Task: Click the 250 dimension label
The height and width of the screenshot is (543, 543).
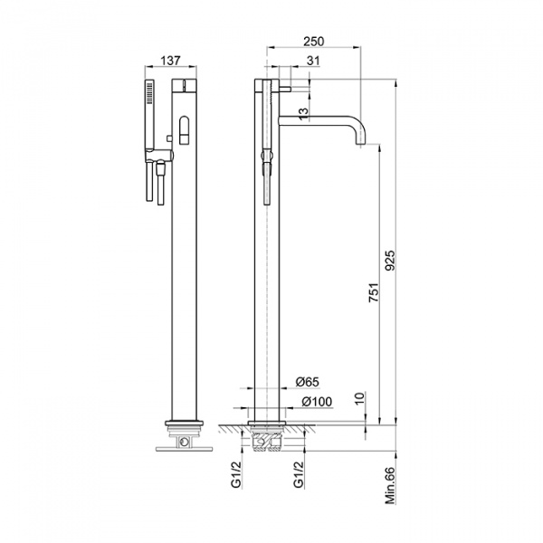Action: coord(314,42)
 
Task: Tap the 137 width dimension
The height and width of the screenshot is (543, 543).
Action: coord(170,61)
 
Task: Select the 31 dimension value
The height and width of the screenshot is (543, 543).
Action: coord(313,61)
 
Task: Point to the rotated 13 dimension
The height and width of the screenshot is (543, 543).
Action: coord(303,114)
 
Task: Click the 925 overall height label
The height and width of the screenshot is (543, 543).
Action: coord(390,261)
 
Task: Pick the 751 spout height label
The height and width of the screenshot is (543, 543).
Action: coord(374,292)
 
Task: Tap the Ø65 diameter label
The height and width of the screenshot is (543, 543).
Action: coord(307,382)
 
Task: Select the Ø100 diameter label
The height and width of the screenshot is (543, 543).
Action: coord(317,402)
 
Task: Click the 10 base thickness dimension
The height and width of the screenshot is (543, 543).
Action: coord(360,399)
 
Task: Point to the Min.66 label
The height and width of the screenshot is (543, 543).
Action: coord(390,485)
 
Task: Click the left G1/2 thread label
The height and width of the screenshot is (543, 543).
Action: coord(236,474)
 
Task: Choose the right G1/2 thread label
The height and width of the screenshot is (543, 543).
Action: coord(299,474)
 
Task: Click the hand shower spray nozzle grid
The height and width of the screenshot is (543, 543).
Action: coord(150,92)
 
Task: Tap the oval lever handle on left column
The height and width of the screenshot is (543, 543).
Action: coord(184,129)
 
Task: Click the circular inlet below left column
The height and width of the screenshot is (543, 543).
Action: coord(184,442)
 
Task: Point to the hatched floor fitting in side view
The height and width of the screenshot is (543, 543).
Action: coord(267,441)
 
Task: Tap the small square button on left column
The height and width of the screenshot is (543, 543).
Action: coord(169,138)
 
